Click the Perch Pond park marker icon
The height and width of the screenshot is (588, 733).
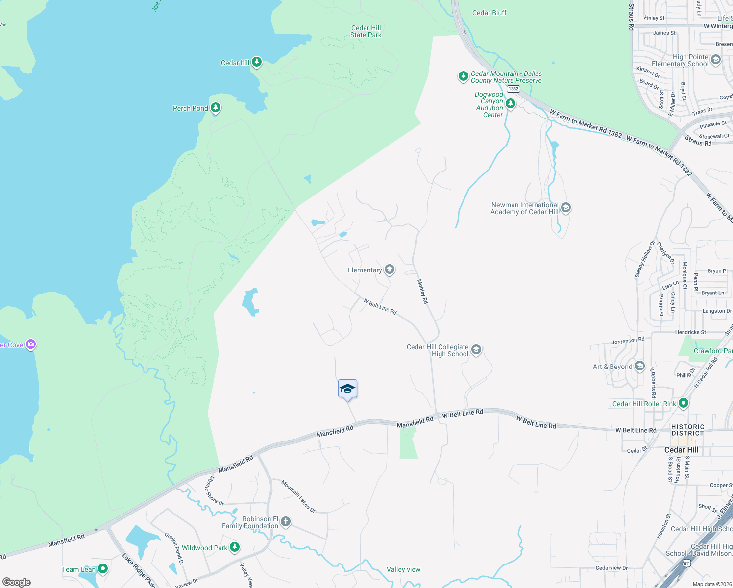215,108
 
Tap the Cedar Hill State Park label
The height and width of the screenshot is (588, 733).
366,32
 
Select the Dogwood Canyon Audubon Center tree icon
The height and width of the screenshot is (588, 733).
510,103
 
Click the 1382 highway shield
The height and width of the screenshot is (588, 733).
513,89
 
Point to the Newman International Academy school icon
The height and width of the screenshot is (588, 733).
565,208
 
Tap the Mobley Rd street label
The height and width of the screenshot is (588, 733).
422,291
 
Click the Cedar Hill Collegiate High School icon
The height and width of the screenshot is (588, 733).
476,350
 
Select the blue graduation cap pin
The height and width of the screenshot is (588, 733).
347,389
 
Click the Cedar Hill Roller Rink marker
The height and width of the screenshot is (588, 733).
684,403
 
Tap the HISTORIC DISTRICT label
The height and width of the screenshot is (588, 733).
687,430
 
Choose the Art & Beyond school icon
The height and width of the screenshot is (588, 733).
639,366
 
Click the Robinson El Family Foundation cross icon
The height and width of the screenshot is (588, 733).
285,522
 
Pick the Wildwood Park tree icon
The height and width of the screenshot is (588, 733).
235,547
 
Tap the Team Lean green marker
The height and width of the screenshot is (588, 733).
102,569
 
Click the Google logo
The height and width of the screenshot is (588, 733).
17,582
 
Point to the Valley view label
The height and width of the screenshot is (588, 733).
403,569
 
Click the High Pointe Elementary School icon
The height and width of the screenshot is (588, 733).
715,60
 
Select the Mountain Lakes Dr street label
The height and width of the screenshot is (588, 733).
298,496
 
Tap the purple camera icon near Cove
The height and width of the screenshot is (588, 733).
31,344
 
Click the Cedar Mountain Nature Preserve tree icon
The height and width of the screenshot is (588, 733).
463,76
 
